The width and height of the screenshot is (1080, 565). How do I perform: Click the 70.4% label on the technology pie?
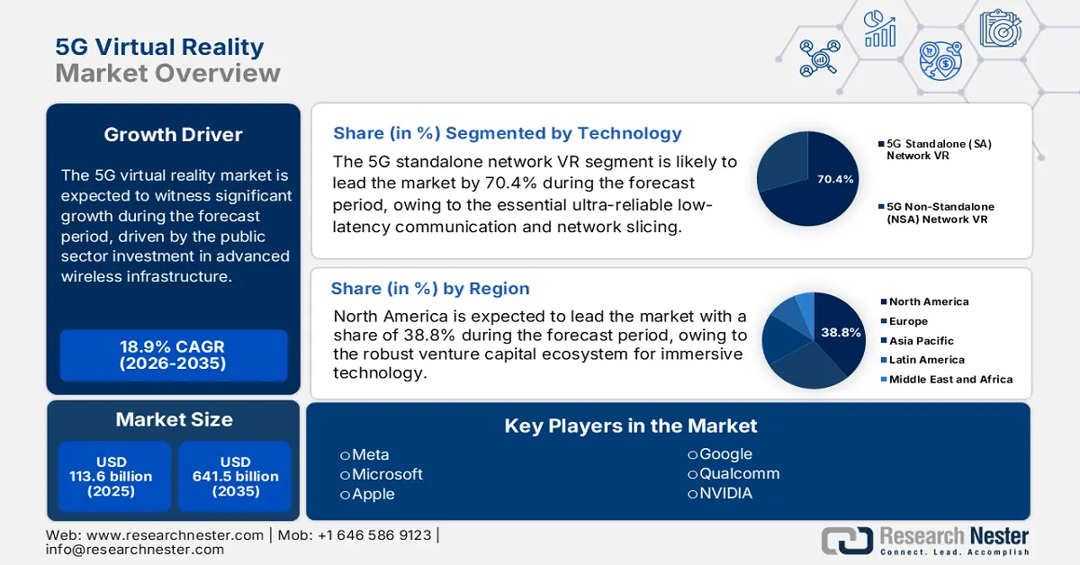pyautogui.click(x=834, y=179)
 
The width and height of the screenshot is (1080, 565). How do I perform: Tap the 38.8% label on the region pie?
pyautogui.click(x=841, y=333)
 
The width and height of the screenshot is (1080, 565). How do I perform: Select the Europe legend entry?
pyautogui.click(x=908, y=321)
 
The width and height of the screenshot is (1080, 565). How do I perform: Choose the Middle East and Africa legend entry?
pyautogui.click(x=950, y=380)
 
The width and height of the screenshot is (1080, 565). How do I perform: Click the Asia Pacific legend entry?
pyautogui.click(x=921, y=341)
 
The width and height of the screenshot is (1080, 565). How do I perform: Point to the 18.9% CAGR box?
pyautogui.click(x=174, y=355)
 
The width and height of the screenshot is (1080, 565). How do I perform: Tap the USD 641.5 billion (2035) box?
pyautogui.click(x=236, y=476)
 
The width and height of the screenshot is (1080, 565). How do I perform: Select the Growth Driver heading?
pyautogui.click(x=174, y=135)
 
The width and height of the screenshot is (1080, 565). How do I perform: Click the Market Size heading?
pyautogui.click(x=174, y=419)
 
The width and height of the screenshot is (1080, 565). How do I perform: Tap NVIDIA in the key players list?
pyautogui.click(x=725, y=494)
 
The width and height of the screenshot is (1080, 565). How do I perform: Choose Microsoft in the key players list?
pyautogui.click(x=387, y=474)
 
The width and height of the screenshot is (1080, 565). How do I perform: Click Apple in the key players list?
pyautogui.click(x=373, y=494)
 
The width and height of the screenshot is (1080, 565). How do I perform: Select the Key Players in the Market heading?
pyautogui.click(x=631, y=426)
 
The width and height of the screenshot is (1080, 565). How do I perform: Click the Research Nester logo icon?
pyautogui.click(x=847, y=540)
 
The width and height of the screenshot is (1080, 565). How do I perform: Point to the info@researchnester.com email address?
pyautogui.click(x=135, y=550)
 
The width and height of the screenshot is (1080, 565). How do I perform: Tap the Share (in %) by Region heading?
pyautogui.click(x=430, y=289)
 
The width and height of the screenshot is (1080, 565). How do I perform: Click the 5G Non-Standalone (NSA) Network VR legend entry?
pyautogui.click(x=940, y=212)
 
